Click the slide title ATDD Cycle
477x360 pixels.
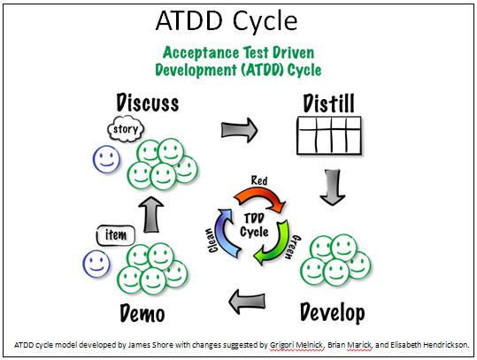pos(227,21)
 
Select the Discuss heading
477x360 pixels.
pos(148,103)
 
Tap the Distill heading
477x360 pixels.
pos(329,103)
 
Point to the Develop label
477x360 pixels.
pos(332,312)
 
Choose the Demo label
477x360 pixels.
pos(142,313)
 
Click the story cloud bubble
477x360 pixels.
pos(126,129)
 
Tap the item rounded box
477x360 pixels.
pos(116,235)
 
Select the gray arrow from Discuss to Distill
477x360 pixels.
pos(240,130)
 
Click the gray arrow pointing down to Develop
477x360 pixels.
pos(332,188)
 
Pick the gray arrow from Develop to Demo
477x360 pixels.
pos(247,302)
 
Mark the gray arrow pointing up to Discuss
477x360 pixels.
pos(151,215)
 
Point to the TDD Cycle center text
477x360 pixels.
pos(254,226)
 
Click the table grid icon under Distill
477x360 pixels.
pos(329,135)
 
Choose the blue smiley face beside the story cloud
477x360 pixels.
pos(106,159)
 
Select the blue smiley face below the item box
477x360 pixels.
pos(96,264)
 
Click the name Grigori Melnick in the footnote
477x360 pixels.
pos(296,345)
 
